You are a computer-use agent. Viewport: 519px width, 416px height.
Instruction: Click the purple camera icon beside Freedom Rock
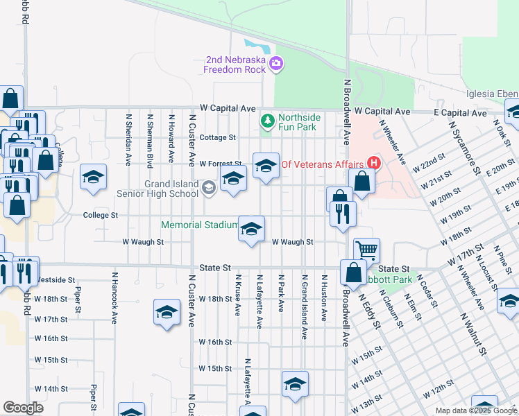[x=276, y=64]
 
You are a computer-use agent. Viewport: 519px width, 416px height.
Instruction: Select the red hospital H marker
[x=374, y=164]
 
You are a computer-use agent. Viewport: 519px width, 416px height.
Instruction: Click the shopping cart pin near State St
[x=366, y=250]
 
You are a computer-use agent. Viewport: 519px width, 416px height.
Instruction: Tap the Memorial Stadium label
[x=200, y=225]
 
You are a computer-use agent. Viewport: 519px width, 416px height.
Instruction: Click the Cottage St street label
[x=218, y=137]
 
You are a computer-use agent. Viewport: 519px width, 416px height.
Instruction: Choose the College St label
[x=101, y=215]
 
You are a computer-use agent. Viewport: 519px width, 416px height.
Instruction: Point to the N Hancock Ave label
[x=114, y=297]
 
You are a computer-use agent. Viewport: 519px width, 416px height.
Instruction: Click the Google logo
[x=23, y=408]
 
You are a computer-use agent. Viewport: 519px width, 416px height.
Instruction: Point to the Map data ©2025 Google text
[x=475, y=410]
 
